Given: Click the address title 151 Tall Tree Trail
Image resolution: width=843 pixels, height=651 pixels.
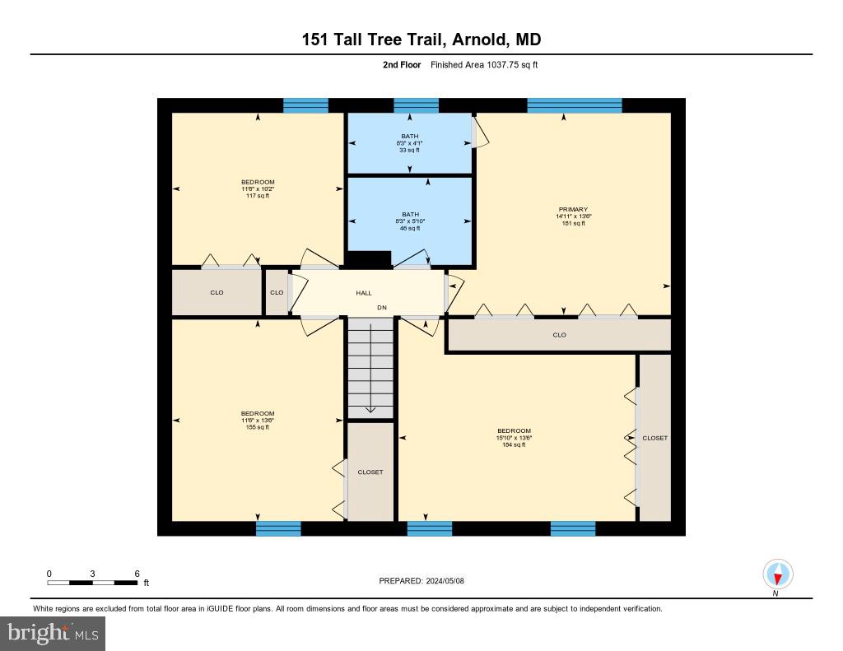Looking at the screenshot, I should coord(421,40).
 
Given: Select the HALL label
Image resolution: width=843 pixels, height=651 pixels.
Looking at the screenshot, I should coord(364,293).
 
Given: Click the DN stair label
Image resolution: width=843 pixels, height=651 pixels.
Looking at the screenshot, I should coord(382,308).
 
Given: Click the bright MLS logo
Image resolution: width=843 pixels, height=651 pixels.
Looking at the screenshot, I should coord(53,633).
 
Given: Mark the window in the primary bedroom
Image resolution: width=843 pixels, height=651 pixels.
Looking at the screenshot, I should coord(574,105).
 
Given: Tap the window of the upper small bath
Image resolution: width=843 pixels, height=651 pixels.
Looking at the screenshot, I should coord(416,105).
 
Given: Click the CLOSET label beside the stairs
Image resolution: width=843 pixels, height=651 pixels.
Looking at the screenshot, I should coord(370,472).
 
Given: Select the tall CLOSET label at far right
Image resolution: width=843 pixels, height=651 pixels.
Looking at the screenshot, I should coord(655,438).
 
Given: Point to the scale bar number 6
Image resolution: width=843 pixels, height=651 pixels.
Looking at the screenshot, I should coord(137,574).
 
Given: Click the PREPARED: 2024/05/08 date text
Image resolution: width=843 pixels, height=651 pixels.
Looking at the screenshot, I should coord(421,580).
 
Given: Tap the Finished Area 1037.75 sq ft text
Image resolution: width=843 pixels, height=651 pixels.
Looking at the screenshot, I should coord(484,64).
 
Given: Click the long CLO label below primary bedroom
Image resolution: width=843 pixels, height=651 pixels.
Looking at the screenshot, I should coord(560,335).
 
